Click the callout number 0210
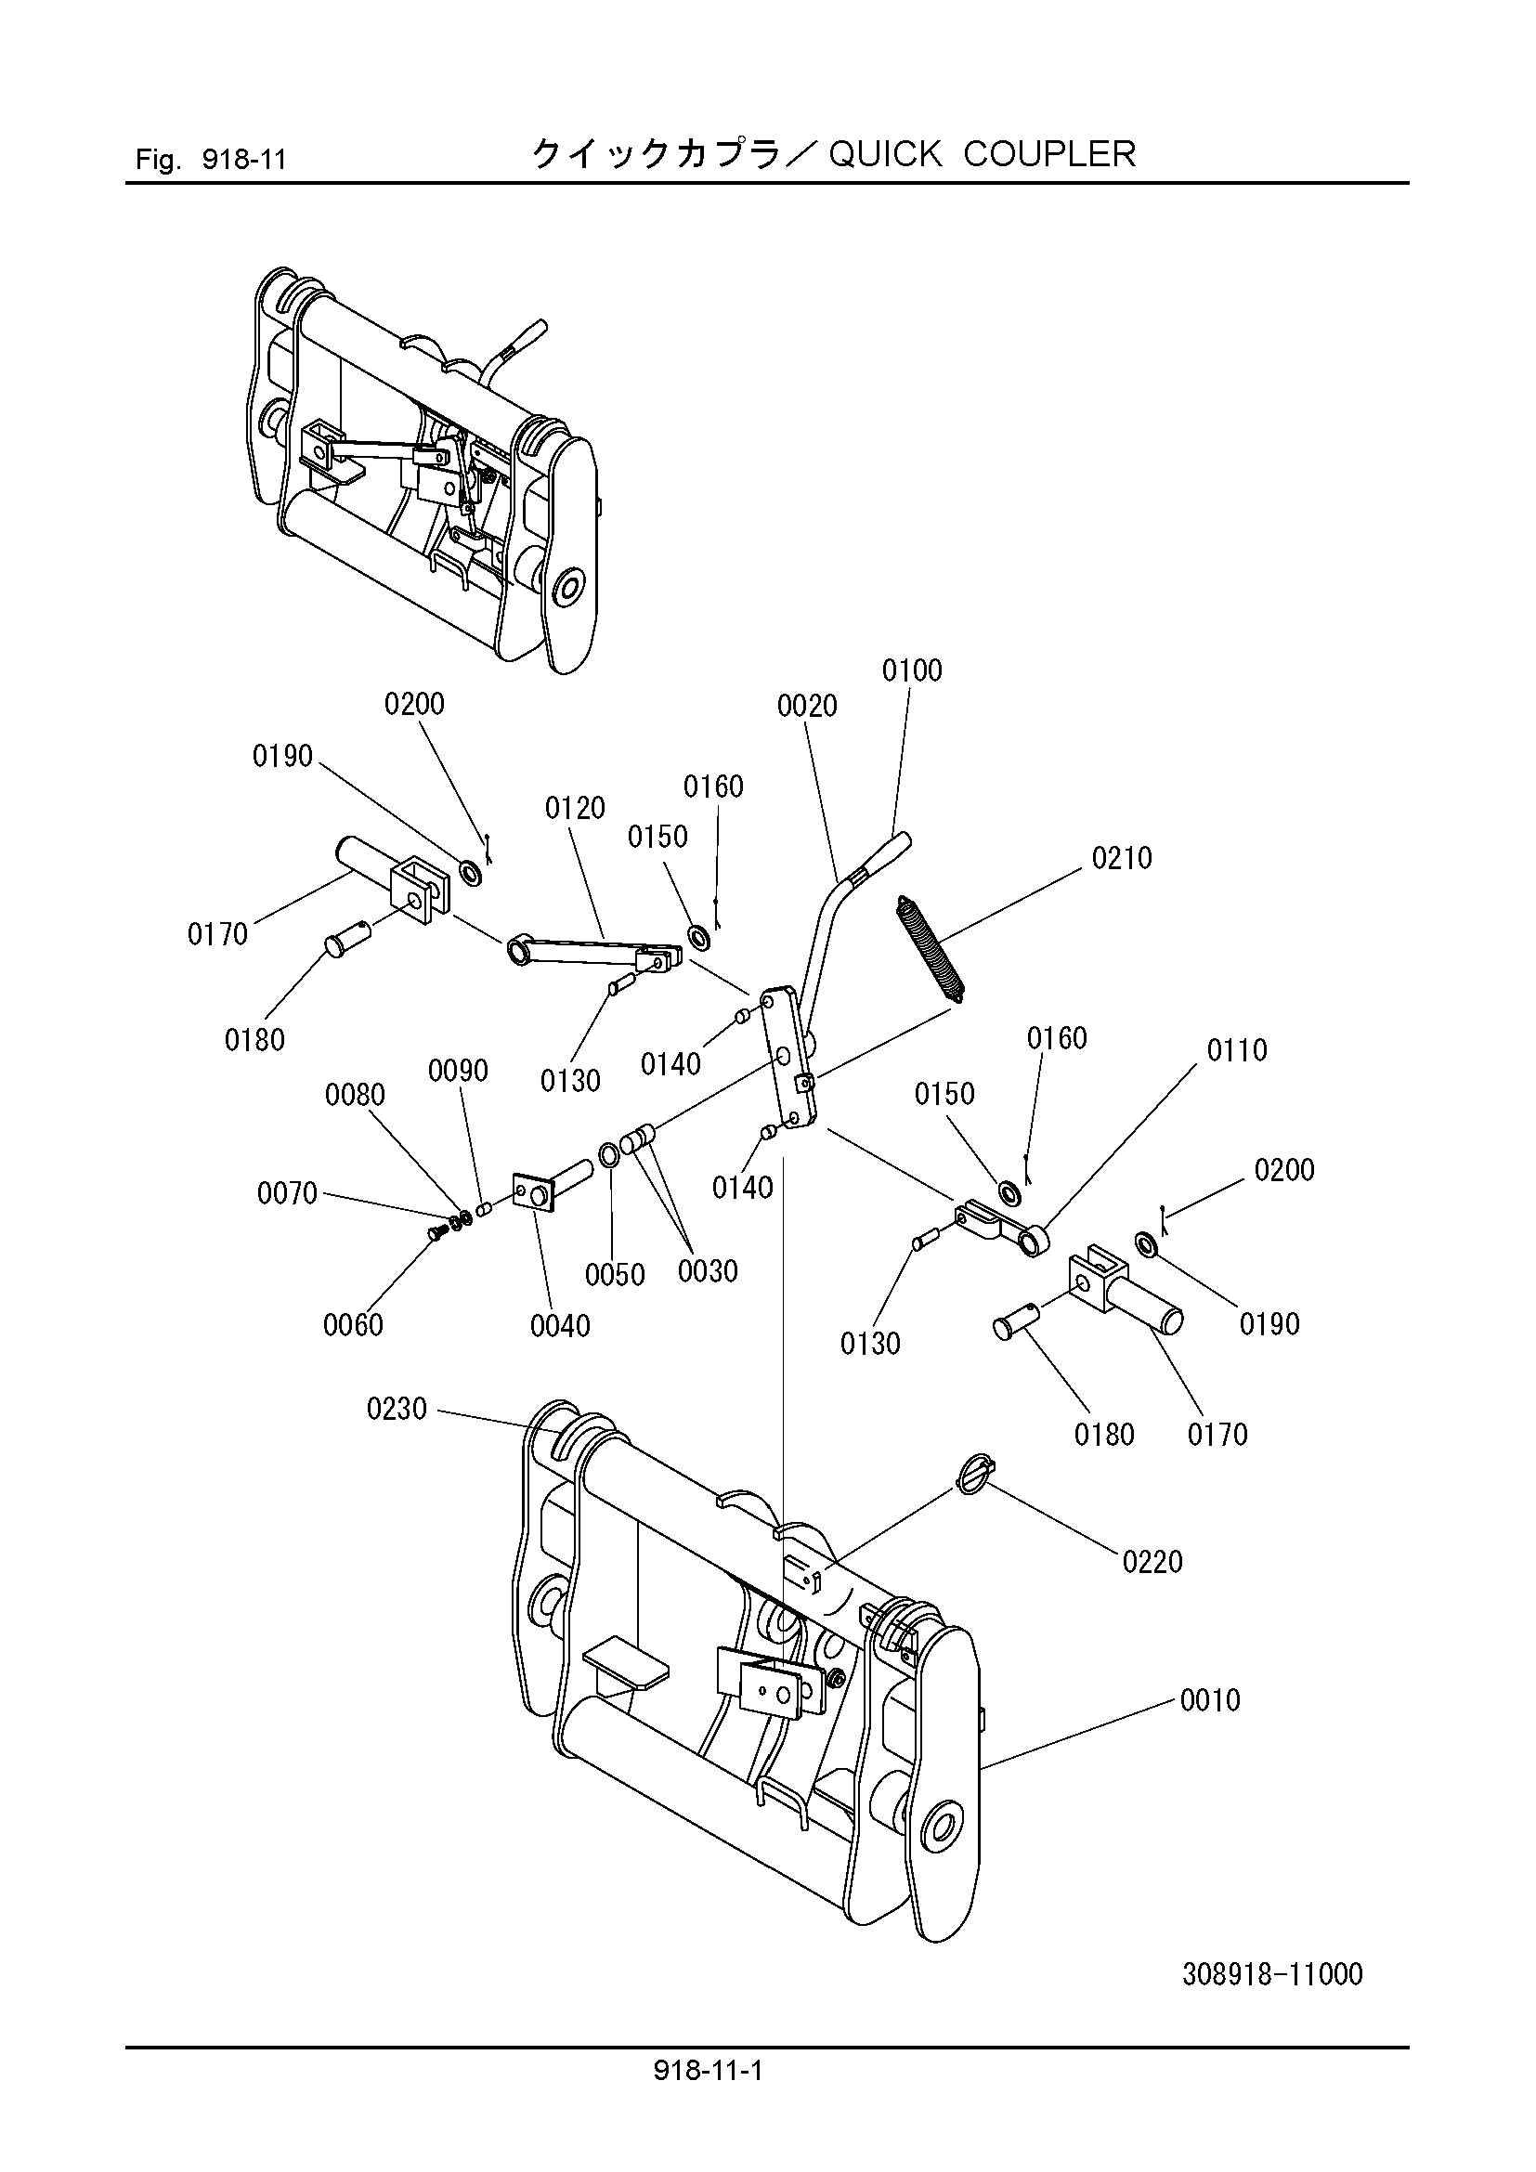tap(1122, 859)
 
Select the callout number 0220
tap(1153, 1562)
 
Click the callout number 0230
tap(397, 1410)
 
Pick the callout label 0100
tap(913, 670)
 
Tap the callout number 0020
tap(808, 706)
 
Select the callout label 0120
tap(575, 808)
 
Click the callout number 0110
tap(1237, 1050)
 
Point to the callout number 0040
tap(561, 1326)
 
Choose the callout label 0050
tap(615, 1275)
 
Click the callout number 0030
tap(708, 1270)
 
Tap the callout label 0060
tap(354, 1325)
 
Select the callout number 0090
tap(458, 1071)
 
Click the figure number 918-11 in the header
tap(244, 159)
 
